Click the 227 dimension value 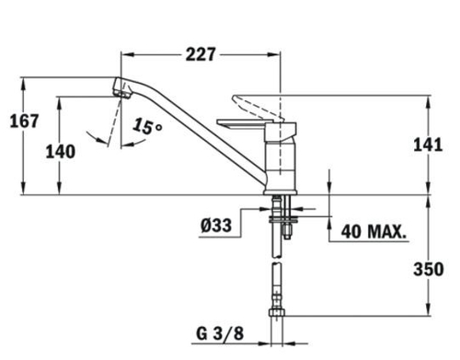(201, 54)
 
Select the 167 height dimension (24, 121)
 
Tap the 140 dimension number (61, 152)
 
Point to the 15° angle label (147, 126)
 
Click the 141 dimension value (428, 145)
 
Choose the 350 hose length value (429, 269)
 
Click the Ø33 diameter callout (216, 226)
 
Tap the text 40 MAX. (374, 232)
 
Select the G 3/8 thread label (220, 333)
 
